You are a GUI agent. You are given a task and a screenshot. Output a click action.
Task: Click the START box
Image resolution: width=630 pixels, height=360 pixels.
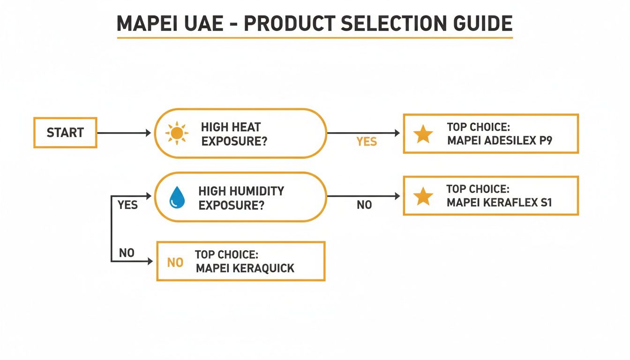coord(65,133)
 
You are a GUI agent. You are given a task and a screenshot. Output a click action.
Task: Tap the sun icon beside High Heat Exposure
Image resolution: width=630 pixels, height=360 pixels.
coord(177,133)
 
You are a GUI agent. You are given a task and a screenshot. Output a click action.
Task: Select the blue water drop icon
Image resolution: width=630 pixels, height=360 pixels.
coord(177,197)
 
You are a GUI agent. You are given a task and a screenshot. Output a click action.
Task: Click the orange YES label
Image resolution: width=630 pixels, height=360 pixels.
coord(366,142)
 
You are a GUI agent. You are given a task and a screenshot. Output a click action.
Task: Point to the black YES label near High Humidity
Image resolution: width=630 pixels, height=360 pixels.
coord(127,205)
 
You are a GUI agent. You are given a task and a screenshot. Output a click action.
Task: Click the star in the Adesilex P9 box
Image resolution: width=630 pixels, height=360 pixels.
coord(423,134)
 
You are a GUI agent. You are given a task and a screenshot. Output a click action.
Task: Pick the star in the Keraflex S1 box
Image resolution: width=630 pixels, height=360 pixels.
coord(423,196)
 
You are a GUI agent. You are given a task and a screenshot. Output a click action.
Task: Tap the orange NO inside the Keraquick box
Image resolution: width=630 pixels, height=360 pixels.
coord(175,262)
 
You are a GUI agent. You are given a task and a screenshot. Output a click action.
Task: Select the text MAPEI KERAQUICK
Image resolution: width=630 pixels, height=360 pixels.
coord(245,268)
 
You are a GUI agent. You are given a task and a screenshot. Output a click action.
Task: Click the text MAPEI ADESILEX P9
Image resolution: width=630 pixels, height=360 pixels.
coord(500,141)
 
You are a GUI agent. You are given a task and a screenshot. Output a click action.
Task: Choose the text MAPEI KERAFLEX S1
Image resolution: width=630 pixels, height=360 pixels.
coord(500,203)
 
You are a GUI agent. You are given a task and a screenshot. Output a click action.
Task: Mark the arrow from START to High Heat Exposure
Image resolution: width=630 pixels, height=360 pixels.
coord(124,133)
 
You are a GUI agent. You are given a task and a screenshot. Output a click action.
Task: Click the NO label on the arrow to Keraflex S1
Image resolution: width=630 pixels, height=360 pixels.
coord(364,205)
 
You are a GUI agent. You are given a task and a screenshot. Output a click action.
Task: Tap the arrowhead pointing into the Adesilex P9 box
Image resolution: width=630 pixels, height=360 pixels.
coord(397,133)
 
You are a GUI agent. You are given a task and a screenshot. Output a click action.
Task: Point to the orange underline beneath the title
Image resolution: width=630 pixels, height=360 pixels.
coord(315,37)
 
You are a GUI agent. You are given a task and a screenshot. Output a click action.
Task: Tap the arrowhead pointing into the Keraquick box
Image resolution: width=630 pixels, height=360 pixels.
coord(150,261)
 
